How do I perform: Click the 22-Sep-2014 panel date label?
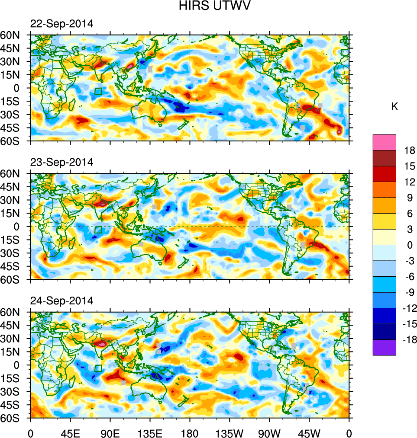point(61,24)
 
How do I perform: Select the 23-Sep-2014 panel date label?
point(61,163)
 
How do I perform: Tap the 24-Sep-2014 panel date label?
point(61,301)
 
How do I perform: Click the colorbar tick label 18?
point(409,150)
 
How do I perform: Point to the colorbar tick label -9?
point(409,292)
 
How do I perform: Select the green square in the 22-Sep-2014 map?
point(98,91)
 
